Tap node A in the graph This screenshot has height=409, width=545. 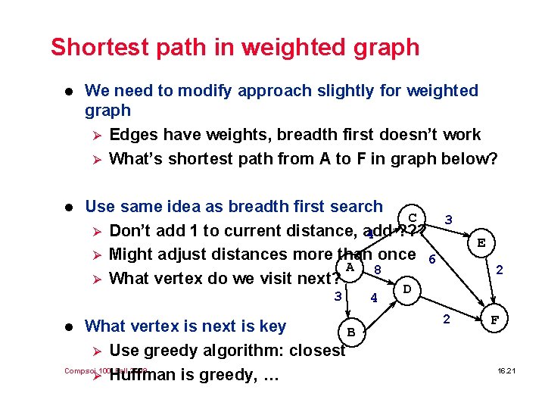[350, 267]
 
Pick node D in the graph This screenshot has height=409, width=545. [407, 289]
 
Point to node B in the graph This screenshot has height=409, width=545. [350, 331]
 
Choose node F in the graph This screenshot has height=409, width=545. [495, 320]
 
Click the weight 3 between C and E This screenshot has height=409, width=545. [449, 219]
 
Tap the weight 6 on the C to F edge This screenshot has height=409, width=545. [431, 259]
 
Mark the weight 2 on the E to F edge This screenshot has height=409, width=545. [500, 269]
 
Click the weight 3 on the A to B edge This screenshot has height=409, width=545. [338, 295]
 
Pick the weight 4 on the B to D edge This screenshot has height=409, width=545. [374, 298]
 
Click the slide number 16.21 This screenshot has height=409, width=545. [506, 370]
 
